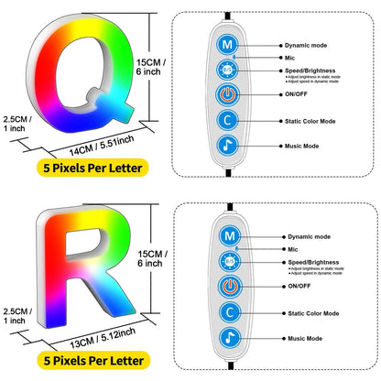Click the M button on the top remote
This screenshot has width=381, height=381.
(x=225, y=43)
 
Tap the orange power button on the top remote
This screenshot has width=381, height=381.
(x=225, y=94)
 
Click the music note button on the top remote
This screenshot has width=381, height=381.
(x=225, y=144)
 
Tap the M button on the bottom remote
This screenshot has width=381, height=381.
(x=225, y=235)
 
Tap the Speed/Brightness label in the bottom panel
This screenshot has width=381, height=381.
(x=315, y=261)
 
